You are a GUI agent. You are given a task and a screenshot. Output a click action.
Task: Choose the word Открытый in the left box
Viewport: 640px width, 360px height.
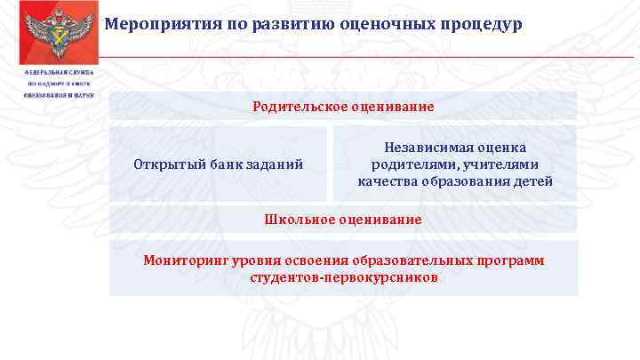tap(162, 164)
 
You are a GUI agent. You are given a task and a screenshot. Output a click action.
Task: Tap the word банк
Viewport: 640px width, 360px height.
tap(213, 164)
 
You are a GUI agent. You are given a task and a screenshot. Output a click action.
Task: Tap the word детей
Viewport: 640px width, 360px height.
tap(535, 181)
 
